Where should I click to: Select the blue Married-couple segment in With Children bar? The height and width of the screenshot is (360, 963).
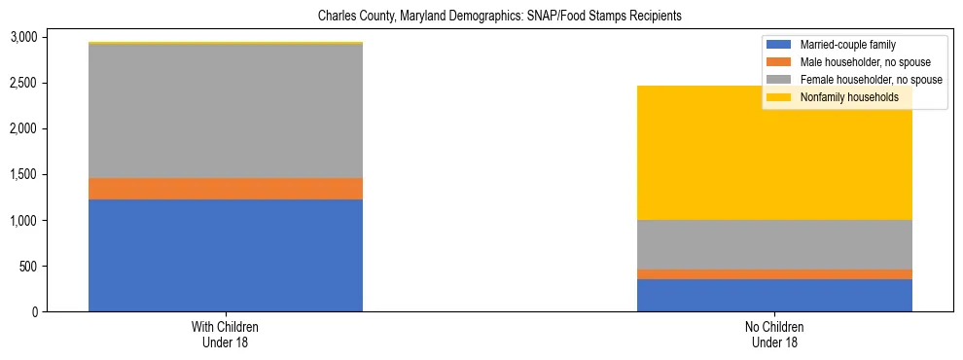coord(226,255)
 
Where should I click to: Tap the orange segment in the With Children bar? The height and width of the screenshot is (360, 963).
coord(226,189)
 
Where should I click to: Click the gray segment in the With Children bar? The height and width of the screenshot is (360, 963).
coord(226,111)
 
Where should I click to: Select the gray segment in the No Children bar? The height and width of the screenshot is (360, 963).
coord(774,244)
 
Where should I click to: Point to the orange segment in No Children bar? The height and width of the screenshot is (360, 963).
coord(774,274)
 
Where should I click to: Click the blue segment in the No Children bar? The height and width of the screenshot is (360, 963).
coord(774,295)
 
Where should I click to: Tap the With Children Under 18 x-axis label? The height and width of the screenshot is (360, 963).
coord(226,335)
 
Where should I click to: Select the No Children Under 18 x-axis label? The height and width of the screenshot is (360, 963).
coord(774,335)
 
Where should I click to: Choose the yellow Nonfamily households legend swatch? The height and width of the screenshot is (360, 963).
coord(780,97)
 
